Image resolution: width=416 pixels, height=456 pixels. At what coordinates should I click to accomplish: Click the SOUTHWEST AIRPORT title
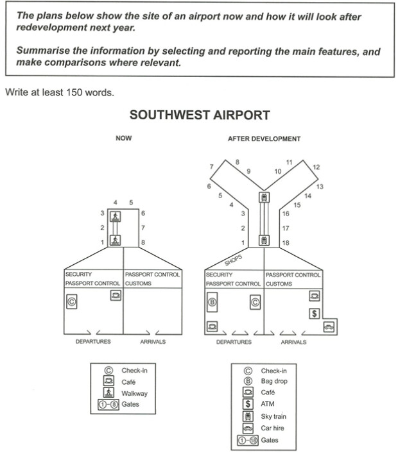[200, 115]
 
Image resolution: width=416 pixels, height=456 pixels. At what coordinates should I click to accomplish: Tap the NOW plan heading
[123, 138]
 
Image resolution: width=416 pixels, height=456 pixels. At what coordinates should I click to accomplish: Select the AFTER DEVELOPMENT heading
[264, 139]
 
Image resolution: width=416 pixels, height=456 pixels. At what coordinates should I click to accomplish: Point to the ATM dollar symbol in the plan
[315, 314]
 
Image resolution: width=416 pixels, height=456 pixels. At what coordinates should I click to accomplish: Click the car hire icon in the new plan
[329, 327]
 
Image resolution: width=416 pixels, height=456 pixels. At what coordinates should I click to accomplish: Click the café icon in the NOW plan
[116, 295]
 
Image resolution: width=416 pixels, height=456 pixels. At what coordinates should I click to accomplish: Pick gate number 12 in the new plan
[316, 167]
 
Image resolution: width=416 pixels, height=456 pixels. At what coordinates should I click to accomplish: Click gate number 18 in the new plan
[286, 242]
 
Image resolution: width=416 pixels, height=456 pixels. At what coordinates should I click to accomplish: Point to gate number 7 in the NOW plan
[143, 227]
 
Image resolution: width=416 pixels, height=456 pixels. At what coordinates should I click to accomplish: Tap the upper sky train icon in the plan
[263, 197]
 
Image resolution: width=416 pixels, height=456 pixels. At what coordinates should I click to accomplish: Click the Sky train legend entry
[273, 416]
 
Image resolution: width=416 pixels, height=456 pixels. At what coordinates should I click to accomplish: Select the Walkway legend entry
[134, 393]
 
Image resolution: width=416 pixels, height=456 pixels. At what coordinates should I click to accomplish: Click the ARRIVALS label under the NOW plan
[153, 342]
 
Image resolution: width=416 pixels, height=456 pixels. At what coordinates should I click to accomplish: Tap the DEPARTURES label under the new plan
[234, 342]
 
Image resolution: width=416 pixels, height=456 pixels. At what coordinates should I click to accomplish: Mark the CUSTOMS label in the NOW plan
[138, 283]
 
